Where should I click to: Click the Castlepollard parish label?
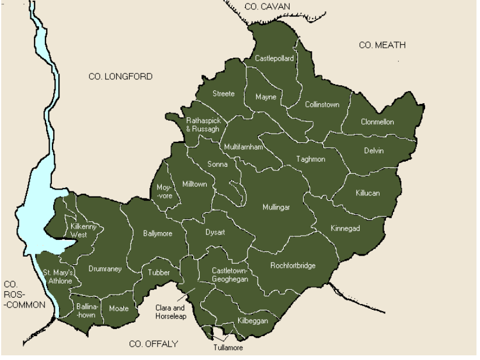tap(274, 58)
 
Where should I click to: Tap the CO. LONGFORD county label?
tap(120, 76)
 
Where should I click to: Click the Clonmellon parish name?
tap(377, 122)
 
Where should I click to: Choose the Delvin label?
tap(374, 151)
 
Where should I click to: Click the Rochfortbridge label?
tap(293, 266)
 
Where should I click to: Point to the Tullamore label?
tap(227, 348)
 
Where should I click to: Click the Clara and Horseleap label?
tap(169, 312)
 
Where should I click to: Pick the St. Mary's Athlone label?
tap(58, 277)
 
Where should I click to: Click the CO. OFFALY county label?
tap(153, 344)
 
